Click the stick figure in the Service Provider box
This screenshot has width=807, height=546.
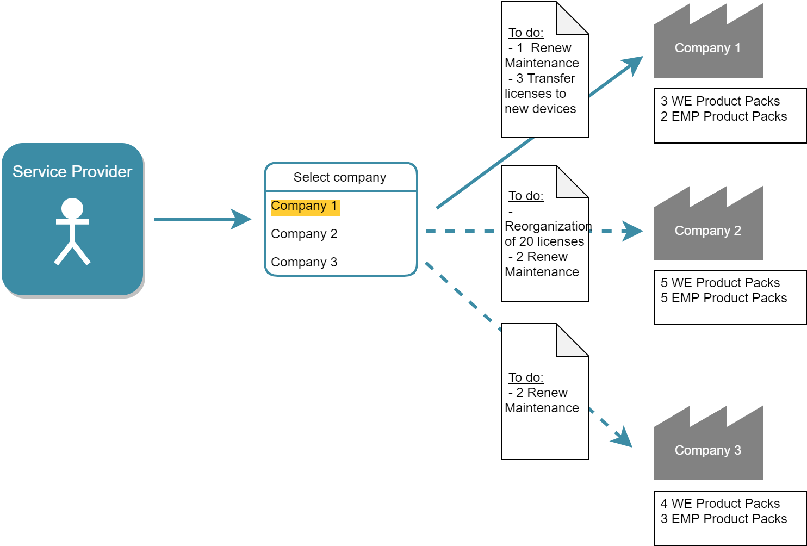(72, 231)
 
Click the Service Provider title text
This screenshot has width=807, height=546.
(72, 172)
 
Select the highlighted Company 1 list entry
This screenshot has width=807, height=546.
(304, 206)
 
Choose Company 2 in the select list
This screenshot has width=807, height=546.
(304, 234)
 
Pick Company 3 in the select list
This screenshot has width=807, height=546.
(304, 262)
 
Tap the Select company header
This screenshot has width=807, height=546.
(340, 177)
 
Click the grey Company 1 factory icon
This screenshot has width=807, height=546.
(707, 48)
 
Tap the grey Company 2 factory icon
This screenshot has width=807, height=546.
(707, 231)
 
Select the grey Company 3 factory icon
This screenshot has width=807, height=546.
(707, 450)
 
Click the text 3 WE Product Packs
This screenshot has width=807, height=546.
(720, 101)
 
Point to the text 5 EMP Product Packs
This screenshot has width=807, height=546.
(724, 298)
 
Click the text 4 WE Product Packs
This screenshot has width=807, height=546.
(720, 504)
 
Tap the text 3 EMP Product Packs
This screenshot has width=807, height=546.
(724, 519)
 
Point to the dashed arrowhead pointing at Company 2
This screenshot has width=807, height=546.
(632, 231)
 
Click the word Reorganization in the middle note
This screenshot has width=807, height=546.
(548, 226)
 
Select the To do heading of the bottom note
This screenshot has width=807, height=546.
(526, 377)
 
